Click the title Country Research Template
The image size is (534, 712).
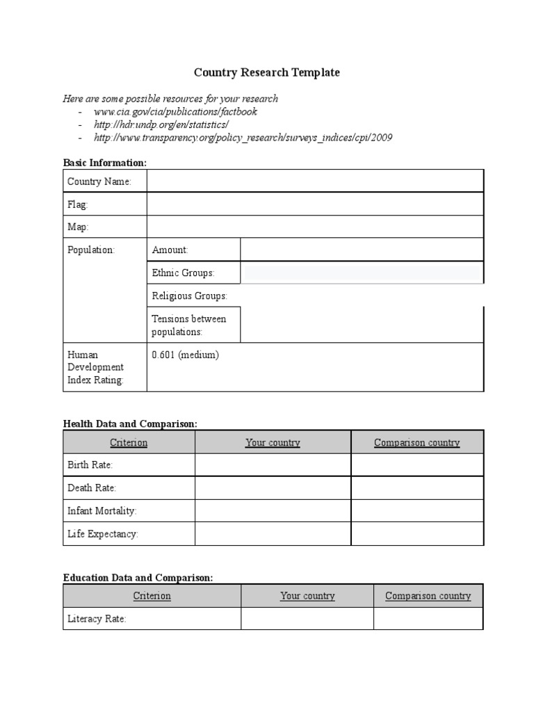[x=266, y=72]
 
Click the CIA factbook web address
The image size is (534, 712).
[x=175, y=111]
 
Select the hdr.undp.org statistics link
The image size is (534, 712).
[x=161, y=124]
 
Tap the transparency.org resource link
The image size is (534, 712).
[x=243, y=138]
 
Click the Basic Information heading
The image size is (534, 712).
[x=105, y=162]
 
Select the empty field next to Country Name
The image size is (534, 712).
[x=314, y=181]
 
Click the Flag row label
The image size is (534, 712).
[x=78, y=204]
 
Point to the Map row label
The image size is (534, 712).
[x=79, y=227]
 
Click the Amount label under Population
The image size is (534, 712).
[x=170, y=250]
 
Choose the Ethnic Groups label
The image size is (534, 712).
[x=184, y=273]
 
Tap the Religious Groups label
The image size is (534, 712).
[x=190, y=296]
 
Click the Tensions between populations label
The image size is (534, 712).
[x=189, y=325]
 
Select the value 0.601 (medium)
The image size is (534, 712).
[x=186, y=355]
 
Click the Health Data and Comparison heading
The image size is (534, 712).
[x=130, y=423]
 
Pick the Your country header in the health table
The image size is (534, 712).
[x=273, y=442]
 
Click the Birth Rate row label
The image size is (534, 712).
[x=90, y=464]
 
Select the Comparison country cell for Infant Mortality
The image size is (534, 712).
[x=416, y=511]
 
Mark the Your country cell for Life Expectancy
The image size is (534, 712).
[x=273, y=534]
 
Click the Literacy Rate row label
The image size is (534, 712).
[x=97, y=619]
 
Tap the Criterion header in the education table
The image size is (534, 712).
[x=152, y=596]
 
